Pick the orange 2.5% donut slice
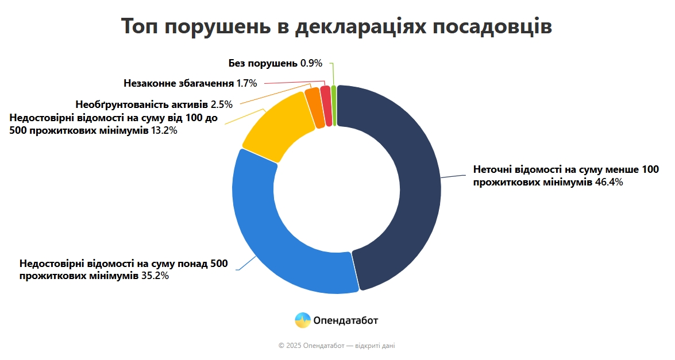point(314,101)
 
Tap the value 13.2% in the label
point(164,130)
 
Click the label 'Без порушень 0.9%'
point(275,63)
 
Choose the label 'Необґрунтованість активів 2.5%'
point(153,104)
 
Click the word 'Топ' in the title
point(141,26)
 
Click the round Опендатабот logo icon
point(303,320)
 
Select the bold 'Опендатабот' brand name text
point(346,320)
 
